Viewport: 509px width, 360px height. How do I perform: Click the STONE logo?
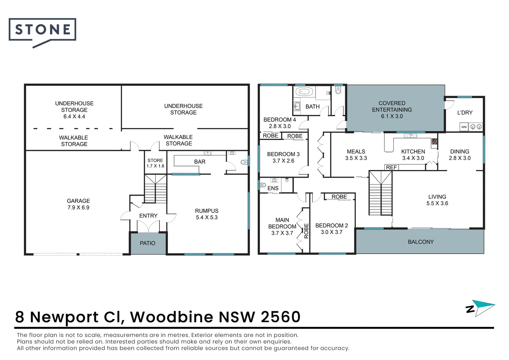(42, 30)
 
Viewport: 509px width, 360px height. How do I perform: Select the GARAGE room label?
(78, 201)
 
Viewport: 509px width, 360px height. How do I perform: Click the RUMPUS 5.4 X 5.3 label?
(207, 214)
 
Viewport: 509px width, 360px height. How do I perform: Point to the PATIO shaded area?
(148, 243)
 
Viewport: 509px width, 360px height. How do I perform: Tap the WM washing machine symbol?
(464, 127)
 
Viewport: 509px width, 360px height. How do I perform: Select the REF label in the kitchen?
(391, 167)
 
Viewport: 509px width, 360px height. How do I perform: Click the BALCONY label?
(421, 242)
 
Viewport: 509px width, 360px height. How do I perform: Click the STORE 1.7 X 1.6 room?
(155, 163)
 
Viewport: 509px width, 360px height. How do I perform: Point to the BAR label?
(200, 162)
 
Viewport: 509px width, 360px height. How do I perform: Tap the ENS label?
(273, 188)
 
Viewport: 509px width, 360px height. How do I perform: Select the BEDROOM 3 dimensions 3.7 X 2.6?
(283, 161)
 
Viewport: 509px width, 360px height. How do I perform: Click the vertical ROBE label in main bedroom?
(306, 231)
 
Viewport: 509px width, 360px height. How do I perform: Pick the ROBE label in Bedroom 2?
(339, 197)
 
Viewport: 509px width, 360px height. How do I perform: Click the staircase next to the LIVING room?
(380, 193)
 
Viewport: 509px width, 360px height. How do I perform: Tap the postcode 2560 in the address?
(280, 317)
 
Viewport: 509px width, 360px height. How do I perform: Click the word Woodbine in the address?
(172, 317)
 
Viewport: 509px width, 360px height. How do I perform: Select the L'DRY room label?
(465, 113)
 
